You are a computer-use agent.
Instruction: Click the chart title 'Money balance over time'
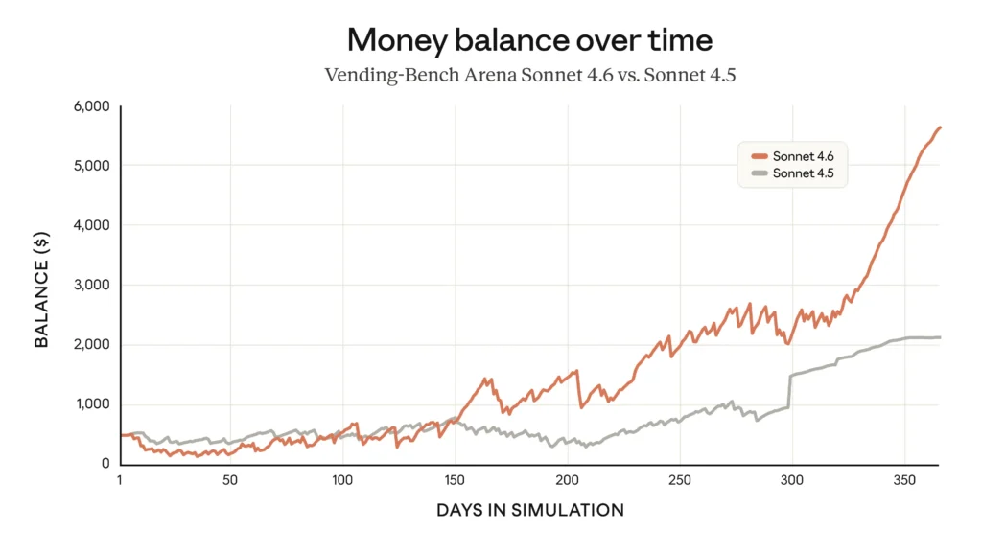[x=530, y=40]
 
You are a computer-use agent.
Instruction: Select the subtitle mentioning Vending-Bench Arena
[x=530, y=75]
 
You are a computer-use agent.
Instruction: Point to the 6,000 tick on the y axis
[x=91, y=105]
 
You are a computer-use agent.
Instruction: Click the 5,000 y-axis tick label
[x=91, y=166]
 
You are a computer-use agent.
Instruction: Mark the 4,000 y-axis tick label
[x=91, y=225]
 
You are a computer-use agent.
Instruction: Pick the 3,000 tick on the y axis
[x=91, y=285]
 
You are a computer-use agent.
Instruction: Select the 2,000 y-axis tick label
[x=91, y=345]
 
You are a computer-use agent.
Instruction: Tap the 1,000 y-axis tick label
[x=92, y=404]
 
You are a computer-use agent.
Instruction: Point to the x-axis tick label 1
[x=120, y=480]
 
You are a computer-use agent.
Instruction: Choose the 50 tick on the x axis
[x=229, y=480]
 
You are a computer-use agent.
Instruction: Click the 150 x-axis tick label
[x=455, y=480]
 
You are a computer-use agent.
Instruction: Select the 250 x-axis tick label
[x=679, y=480]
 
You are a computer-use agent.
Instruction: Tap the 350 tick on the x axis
[x=904, y=480]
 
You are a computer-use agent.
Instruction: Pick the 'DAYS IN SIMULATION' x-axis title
[x=530, y=511]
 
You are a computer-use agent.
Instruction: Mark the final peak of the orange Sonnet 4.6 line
[x=940, y=126]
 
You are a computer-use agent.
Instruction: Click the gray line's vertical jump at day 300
[x=789, y=391]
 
